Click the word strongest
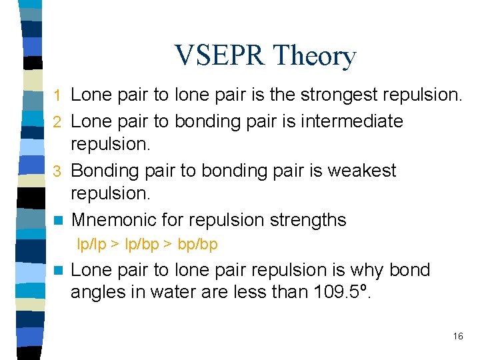tap(335, 95)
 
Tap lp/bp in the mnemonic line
tap(141, 245)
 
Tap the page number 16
tap(457, 337)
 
